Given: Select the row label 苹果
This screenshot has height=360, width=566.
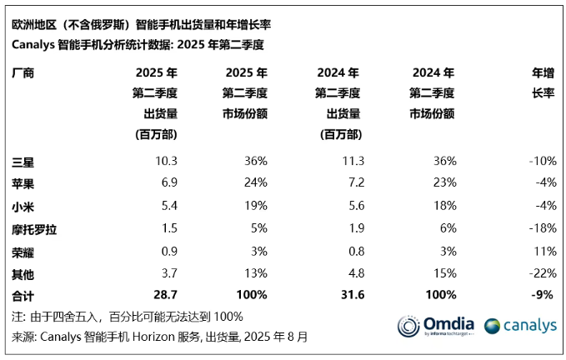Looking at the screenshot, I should point(23,182).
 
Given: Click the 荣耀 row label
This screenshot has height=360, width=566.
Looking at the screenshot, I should point(23,250).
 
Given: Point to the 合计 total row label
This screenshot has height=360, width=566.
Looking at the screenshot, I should point(23,294).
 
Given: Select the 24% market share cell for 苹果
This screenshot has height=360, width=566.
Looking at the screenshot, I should point(256,182).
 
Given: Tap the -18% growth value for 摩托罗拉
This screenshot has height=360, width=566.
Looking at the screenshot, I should point(541,227).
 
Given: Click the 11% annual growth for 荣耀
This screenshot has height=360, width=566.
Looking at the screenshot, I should point(544,250).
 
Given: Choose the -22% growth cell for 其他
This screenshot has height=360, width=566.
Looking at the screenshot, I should point(541,272).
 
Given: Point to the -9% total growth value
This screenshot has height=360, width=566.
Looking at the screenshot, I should point(543,294).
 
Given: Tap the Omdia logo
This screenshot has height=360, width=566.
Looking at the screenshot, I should point(435,326).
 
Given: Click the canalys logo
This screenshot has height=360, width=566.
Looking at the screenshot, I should point(519,326).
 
